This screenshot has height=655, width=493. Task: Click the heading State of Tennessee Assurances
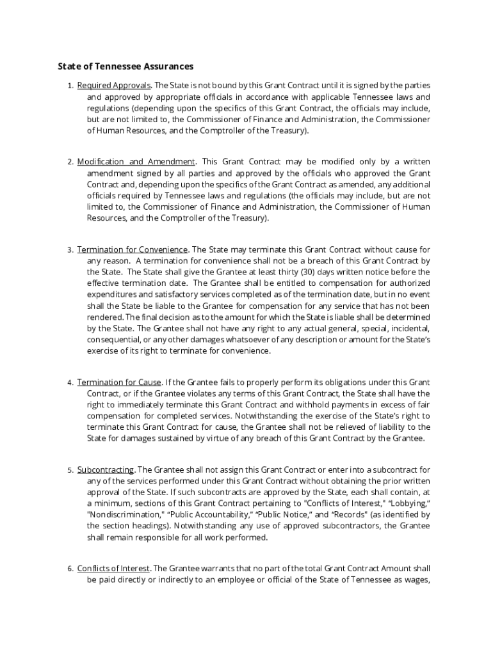(125, 66)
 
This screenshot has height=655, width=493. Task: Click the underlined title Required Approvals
(114, 86)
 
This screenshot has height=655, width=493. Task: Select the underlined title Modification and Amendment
(136, 162)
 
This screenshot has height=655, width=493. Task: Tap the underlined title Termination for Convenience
(133, 249)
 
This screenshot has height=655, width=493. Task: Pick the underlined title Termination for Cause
(119, 383)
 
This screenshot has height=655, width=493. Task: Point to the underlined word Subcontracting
(106, 470)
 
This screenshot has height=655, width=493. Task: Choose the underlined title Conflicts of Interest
(113, 569)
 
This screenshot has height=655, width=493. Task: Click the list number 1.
(69, 86)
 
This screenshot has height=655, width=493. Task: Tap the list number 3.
(69, 250)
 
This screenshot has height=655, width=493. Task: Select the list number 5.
(69, 471)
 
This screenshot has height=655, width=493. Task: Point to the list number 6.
(69, 569)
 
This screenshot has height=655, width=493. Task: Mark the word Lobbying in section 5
(409, 503)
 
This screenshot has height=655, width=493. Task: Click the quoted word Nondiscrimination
(126, 514)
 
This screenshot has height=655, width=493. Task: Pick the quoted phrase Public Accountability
(209, 514)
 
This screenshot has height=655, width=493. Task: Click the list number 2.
(69, 162)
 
